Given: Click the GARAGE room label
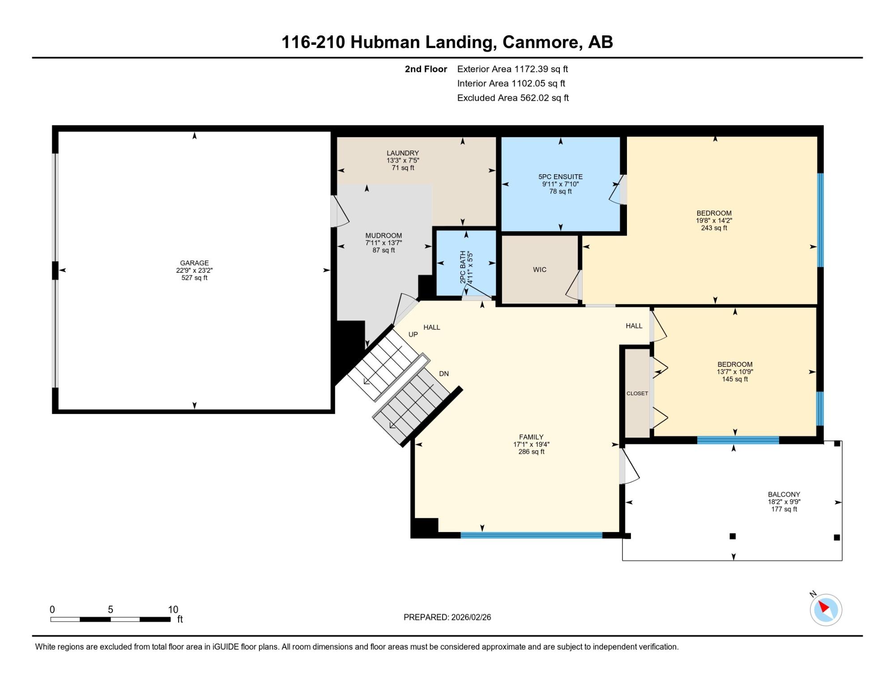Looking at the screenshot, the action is point(194,263).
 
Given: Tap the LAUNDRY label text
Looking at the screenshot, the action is point(403,153).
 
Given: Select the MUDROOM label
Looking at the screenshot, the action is point(384,236).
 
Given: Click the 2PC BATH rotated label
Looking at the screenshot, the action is point(462,267).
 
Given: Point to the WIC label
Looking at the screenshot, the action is point(540,270).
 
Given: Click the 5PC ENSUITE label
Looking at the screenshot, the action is point(560,177).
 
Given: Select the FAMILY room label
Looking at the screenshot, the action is point(531,437).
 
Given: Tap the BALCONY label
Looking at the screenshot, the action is point(784,495).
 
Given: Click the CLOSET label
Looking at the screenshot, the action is point(637,394).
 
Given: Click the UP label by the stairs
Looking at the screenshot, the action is point(413,335).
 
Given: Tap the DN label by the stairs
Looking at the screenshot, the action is point(444,374).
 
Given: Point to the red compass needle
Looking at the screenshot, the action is point(824,607).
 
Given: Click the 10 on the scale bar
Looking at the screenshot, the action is point(173,610).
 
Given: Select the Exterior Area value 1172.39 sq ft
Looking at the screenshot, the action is point(541,69).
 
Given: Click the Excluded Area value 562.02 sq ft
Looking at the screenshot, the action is point(544,98).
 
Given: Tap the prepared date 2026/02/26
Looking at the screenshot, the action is point(471,617).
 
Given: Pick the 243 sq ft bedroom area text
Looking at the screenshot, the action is point(714,228).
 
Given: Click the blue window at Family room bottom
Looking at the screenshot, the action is point(532,535).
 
